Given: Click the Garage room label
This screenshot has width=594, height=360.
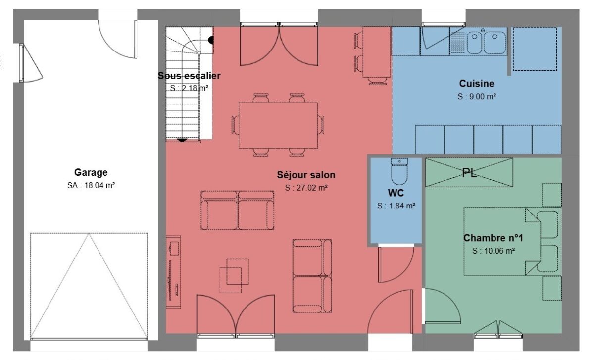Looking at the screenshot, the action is coord(91,172).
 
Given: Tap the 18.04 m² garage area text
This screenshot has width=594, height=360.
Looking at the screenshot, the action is coord(91,185).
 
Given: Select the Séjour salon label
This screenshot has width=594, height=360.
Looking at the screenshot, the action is coord(306,175).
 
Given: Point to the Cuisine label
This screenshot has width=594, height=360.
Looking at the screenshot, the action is coord(477,84).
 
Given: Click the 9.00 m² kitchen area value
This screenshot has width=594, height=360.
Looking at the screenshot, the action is coord(477,96).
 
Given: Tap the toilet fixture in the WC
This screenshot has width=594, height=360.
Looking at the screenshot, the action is coord(399,171).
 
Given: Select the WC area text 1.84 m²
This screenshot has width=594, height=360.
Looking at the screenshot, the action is coord(396,206).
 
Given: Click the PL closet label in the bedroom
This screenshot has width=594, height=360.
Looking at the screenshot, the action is coord(469,173).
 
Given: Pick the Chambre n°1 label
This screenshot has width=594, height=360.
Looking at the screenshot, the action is coord(493,238).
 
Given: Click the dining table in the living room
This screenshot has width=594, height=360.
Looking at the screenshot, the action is coord(278,125).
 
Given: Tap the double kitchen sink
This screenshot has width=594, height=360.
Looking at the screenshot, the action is coord(486,43).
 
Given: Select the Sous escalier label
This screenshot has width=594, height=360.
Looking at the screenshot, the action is coord(189,76).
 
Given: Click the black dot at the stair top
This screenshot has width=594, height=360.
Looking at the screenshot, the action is coord(211,40).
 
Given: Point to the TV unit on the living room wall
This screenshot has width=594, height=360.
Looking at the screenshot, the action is coord(173,272).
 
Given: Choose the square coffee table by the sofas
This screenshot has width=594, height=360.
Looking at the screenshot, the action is coord(235,276).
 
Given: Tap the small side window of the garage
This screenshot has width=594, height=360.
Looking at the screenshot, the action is coord(22,63).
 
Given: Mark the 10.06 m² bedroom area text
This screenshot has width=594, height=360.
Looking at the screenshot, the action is coord(494,251).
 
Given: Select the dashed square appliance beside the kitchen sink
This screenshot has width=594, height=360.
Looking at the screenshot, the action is coord(535,49).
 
